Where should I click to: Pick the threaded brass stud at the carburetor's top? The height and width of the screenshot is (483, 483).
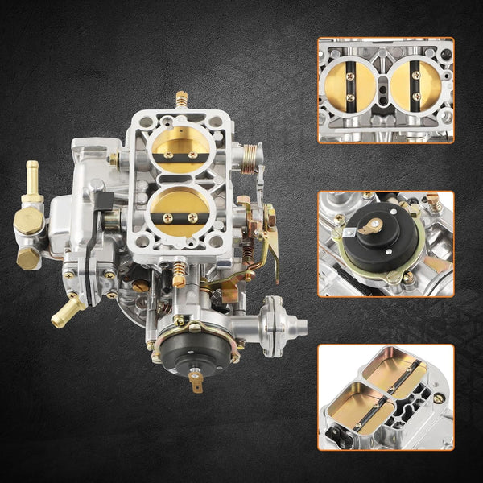[x=182, y=100]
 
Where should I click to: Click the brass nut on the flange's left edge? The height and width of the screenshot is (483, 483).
[x=114, y=160]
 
